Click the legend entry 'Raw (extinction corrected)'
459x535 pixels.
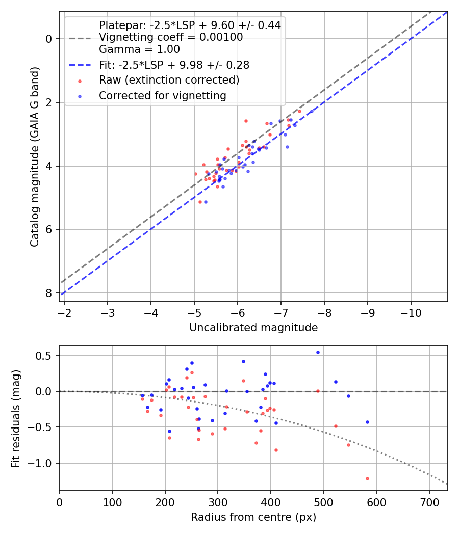(169, 80)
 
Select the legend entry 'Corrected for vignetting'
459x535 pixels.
(162, 95)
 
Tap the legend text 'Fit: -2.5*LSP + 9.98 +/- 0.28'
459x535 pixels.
(174, 65)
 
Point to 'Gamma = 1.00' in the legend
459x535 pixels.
(139, 49)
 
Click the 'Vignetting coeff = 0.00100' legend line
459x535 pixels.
(171, 37)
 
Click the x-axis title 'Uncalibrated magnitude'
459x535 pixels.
(253, 328)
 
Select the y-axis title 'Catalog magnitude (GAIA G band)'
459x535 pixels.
(34, 156)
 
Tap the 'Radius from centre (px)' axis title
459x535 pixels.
(253, 517)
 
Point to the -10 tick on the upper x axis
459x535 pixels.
(412, 312)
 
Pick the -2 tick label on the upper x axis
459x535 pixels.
(64, 312)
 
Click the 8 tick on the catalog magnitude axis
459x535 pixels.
(49, 293)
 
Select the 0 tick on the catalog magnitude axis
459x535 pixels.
(49, 39)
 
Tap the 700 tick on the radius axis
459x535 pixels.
(429, 502)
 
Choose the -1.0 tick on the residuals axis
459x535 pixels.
(43, 463)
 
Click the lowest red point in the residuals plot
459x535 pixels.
(367, 478)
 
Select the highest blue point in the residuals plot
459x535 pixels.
(318, 352)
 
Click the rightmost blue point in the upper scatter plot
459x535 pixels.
(312, 112)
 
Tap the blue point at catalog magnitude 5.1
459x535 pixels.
(206, 202)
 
